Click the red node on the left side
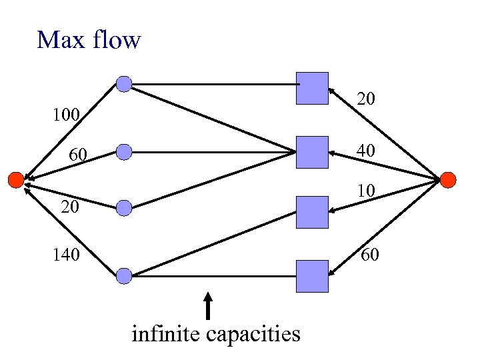point(15,179)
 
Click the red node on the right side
point(447,179)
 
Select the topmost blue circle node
point(124,83)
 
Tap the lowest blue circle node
point(124,275)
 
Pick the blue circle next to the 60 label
point(124,152)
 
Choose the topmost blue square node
point(313,88)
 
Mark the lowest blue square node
point(313,276)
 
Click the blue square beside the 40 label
point(313,152)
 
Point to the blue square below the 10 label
point(313,213)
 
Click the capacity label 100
point(67,116)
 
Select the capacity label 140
point(67,255)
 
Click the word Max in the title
point(60,40)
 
